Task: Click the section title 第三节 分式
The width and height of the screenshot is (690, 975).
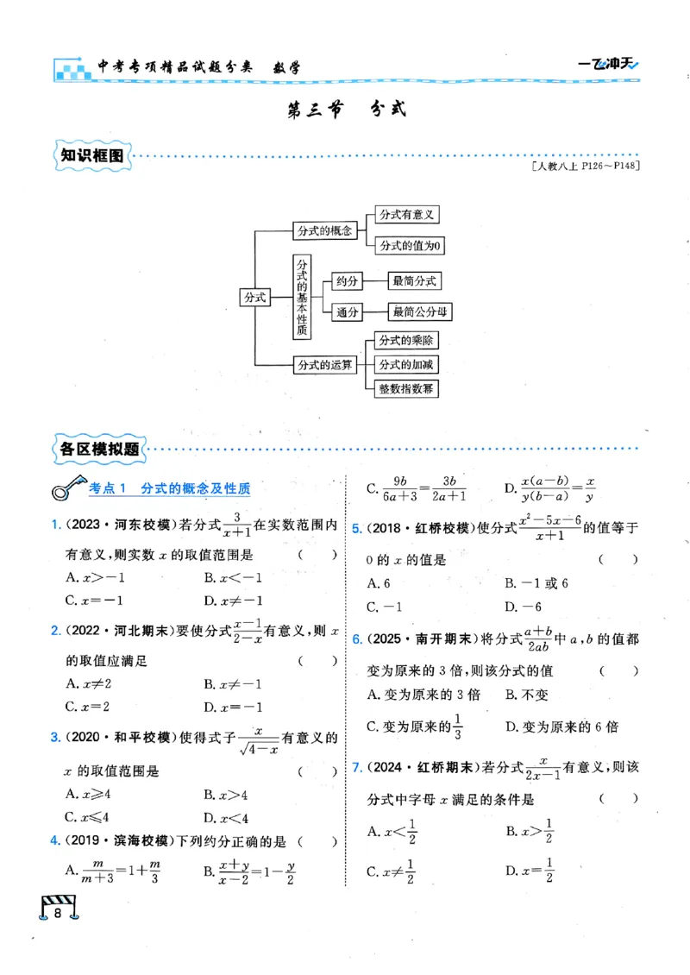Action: click(344, 110)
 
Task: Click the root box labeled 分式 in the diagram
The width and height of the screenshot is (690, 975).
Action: click(254, 296)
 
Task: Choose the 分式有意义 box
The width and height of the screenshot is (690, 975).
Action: click(405, 215)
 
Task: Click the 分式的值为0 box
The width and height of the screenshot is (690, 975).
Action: click(410, 246)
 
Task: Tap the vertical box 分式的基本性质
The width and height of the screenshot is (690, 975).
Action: click(302, 296)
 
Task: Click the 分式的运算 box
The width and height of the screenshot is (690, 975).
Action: click(324, 365)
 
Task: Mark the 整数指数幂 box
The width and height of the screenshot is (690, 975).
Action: click(406, 388)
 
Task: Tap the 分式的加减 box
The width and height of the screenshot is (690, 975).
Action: click(406, 364)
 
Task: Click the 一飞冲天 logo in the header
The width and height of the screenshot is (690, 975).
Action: click(607, 64)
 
